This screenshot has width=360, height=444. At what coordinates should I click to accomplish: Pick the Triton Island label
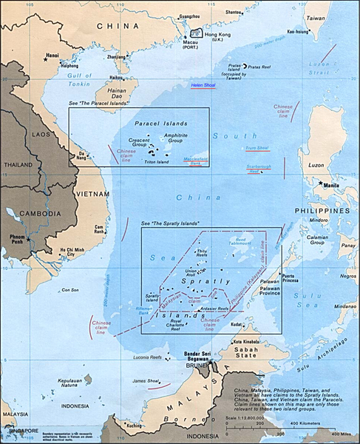click(x=157, y=161)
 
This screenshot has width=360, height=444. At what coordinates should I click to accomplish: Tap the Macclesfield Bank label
click(x=195, y=159)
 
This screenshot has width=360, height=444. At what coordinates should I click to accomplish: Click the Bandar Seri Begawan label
click(x=195, y=356)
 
